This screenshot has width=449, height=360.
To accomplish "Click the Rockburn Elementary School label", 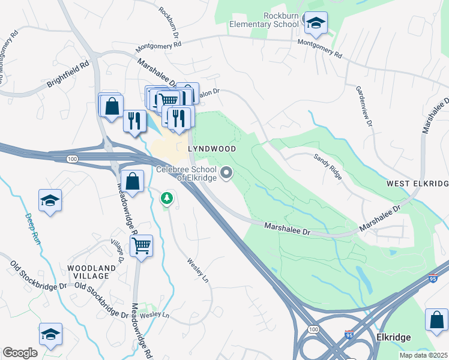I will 265,20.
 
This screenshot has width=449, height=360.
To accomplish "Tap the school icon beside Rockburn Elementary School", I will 316,23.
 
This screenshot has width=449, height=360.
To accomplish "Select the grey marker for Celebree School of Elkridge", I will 226,173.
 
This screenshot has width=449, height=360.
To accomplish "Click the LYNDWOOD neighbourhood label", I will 211,148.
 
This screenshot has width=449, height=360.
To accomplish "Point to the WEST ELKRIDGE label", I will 418,182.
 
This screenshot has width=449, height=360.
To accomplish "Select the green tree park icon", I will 166,197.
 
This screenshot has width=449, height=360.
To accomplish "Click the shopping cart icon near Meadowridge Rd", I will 141,245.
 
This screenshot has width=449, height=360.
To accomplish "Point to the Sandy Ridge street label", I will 328,166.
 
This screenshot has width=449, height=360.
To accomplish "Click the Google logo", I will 20,353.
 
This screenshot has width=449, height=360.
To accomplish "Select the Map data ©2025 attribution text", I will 423,355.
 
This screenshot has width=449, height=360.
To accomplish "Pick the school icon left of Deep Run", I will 50,200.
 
